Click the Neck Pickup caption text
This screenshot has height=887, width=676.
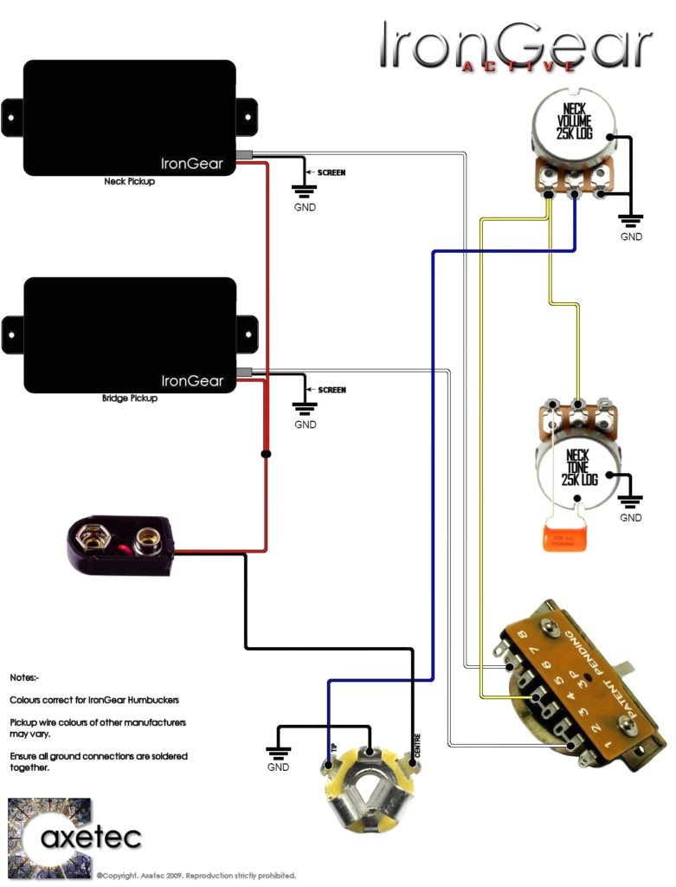[129, 183]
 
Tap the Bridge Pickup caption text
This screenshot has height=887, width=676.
[129, 399]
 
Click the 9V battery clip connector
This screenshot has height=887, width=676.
[120, 543]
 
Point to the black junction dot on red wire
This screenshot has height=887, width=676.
[266, 454]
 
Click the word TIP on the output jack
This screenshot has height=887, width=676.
[333, 748]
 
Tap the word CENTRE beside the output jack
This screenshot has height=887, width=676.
[417, 747]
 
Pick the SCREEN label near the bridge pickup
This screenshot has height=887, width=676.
[332, 390]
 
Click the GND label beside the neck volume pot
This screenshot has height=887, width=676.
[631, 236]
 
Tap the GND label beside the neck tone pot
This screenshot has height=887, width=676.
[631, 517]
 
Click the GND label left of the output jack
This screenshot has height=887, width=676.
[278, 767]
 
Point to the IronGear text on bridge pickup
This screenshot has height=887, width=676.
[192, 380]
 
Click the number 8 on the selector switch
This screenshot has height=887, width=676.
[522, 639]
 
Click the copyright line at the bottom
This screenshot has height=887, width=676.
[196, 875]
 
